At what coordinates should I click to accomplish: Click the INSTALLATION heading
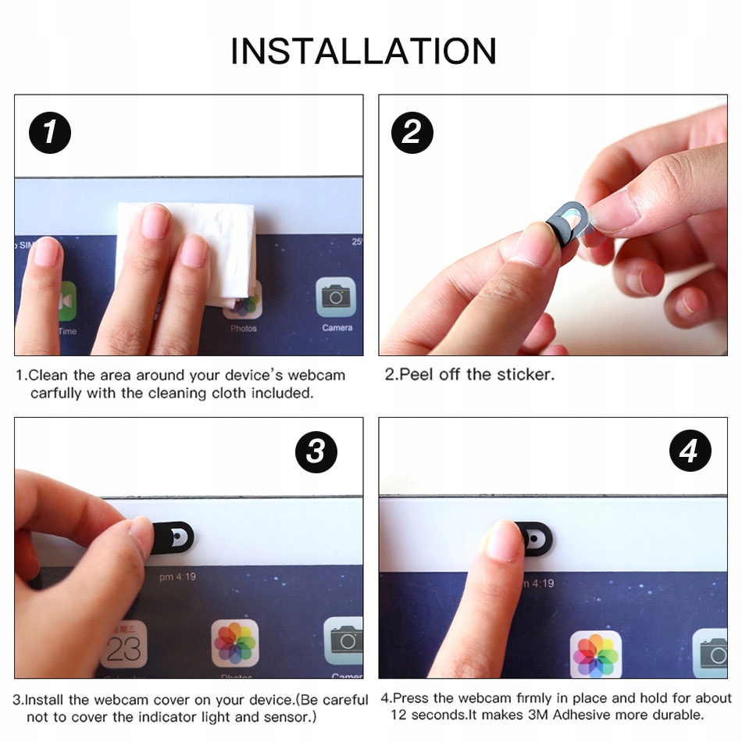[x=363, y=51]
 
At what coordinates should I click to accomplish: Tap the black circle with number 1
[x=50, y=133]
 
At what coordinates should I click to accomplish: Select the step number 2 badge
[x=412, y=133]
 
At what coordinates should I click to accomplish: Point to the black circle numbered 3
[x=316, y=452]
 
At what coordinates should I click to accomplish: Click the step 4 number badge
[x=690, y=451]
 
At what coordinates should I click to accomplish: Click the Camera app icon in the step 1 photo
[x=336, y=297]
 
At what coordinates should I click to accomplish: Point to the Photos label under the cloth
[x=243, y=328]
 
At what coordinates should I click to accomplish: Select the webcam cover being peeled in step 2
[x=568, y=223]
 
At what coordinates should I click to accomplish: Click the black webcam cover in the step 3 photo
[x=173, y=537]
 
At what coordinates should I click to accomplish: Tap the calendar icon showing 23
[x=124, y=644]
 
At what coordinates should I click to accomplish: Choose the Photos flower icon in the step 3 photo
[x=235, y=643]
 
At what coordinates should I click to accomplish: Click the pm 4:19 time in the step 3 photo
[x=177, y=577]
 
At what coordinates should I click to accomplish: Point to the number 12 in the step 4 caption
[x=398, y=715]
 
